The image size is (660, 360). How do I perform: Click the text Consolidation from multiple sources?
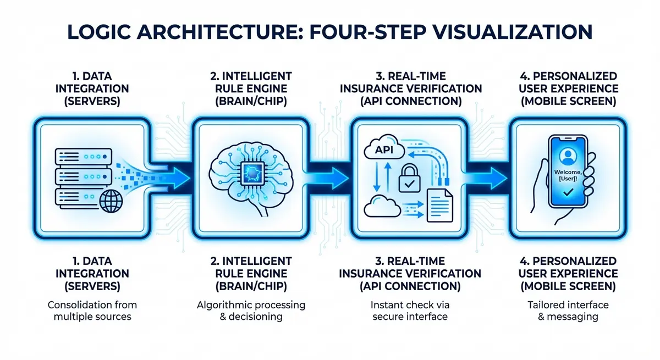click(92, 311)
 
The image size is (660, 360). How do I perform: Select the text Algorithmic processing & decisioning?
click(251, 311)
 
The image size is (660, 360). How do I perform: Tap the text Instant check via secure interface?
click(410, 311)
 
